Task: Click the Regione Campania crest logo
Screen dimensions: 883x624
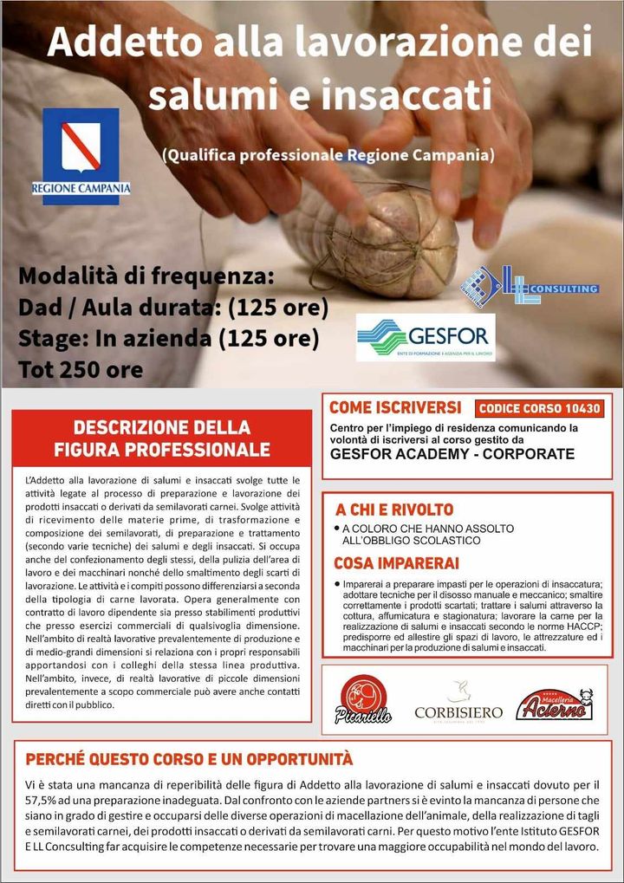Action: [x=81, y=154]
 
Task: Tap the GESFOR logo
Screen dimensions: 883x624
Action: [x=426, y=337]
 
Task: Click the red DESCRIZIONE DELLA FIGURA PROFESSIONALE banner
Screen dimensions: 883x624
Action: [x=162, y=438]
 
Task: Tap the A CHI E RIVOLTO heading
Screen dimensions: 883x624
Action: [x=394, y=509]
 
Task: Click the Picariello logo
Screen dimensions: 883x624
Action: [x=364, y=699]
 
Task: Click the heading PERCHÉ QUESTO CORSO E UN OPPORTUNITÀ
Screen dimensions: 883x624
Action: [x=189, y=760]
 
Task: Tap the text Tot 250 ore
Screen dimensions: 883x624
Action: [x=81, y=370]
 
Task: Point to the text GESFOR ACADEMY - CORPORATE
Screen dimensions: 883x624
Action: [x=452, y=454]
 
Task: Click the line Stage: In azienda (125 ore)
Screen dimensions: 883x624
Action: [x=168, y=338]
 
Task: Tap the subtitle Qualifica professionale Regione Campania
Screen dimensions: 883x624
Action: [x=328, y=155]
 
